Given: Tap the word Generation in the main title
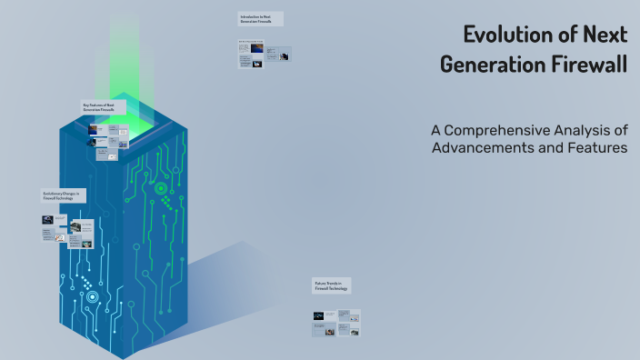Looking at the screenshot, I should [x=489, y=65].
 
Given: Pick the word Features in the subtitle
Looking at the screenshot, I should [x=595, y=147].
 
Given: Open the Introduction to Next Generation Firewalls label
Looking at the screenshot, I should [x=260, y=19].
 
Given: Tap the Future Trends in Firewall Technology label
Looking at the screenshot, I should [x=331, y=286].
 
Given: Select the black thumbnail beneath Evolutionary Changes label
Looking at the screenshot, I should [x=47, y=219].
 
